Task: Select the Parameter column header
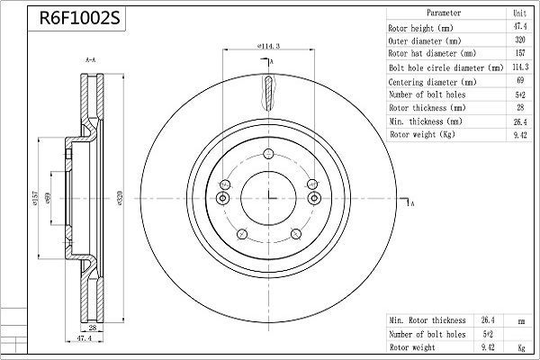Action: point(444,13)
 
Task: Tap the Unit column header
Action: point(520,13)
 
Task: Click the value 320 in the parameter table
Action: point(520,40)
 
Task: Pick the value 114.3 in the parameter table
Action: point(520,67)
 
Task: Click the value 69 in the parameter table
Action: point(520,81)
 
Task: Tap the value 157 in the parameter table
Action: point(520,54)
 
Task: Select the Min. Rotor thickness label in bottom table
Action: point(427,319)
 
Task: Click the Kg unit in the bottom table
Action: point(520,346)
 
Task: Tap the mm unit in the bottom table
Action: point(520,319)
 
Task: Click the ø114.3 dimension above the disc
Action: point(268,45)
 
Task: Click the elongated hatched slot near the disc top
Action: point(269,93)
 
